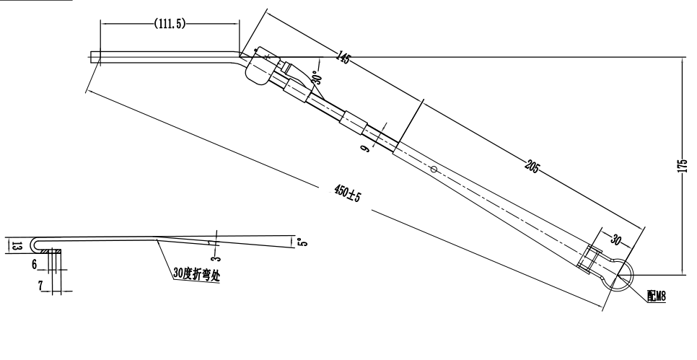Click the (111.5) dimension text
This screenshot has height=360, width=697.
click(170, 24)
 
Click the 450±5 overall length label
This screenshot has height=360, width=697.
click(348, 193)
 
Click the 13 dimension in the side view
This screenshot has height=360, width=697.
click(17, 245)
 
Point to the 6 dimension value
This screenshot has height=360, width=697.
click(35, 265)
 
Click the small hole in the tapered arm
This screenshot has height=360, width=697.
click(433, 170)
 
